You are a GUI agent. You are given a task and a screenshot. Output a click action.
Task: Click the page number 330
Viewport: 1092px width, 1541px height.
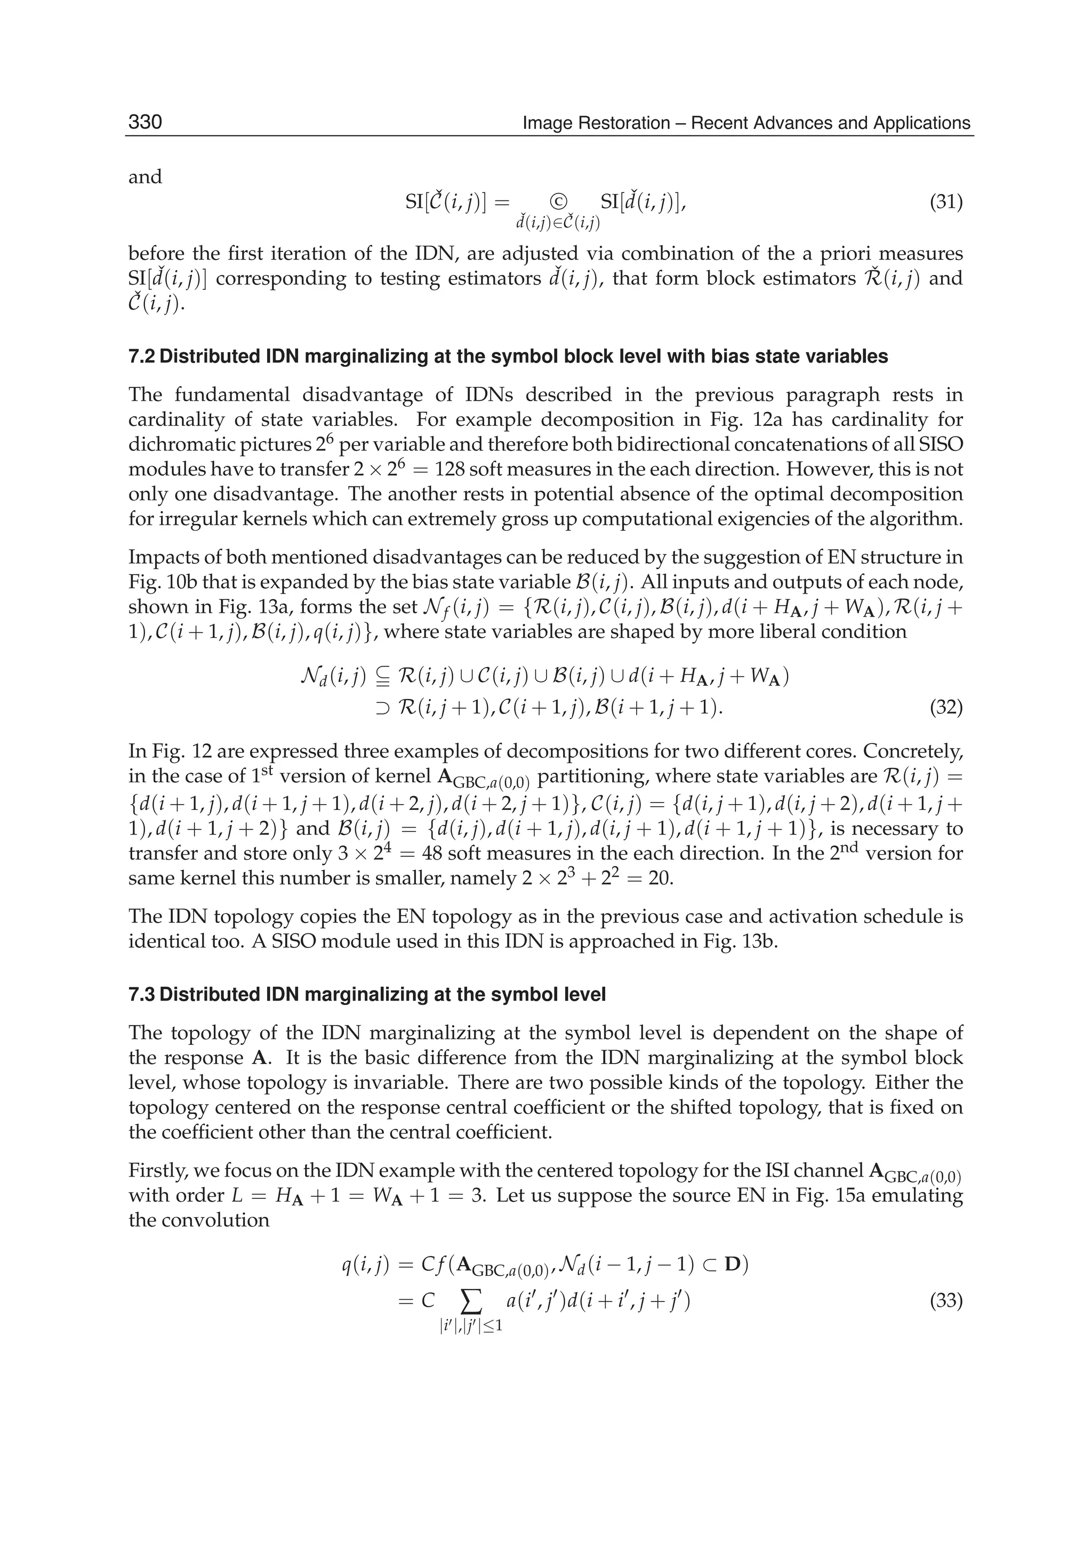[x=145, y=123]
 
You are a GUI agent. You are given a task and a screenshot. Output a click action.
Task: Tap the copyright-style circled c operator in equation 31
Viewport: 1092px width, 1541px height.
[x=558, y=201]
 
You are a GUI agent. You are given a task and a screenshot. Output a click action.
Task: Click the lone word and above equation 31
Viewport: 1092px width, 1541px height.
[x=145, y=177]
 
